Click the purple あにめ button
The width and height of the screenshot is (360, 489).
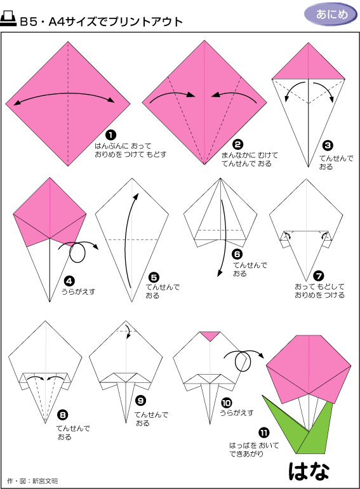tap(331, 15)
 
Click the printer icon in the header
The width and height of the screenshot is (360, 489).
tap(8, 18)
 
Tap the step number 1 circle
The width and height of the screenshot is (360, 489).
tap(110, 135)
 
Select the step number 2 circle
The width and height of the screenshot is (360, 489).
tap(237, 144)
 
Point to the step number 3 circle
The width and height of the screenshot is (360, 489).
tap(328, 145)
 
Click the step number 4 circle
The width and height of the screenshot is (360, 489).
tap(69, 281)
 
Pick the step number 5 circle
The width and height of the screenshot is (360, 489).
tap(154, 278)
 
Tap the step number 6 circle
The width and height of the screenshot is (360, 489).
tap(237, 254)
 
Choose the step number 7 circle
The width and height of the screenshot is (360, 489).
tap(319, 276)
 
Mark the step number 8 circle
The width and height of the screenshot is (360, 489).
tap(63, 415)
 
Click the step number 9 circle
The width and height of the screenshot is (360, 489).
tap(141, 401)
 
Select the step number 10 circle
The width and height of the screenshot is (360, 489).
tap(226, 403)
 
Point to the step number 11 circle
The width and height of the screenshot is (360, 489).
tap(263, 432)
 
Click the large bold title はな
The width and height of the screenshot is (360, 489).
tap(309, 471)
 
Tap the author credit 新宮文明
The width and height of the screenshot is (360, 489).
tap(45, 481)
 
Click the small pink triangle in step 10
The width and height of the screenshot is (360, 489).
tap(210, 335)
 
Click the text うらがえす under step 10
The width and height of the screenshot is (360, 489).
tap(237, 413)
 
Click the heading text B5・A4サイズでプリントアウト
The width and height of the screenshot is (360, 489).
tap(102, 22)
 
